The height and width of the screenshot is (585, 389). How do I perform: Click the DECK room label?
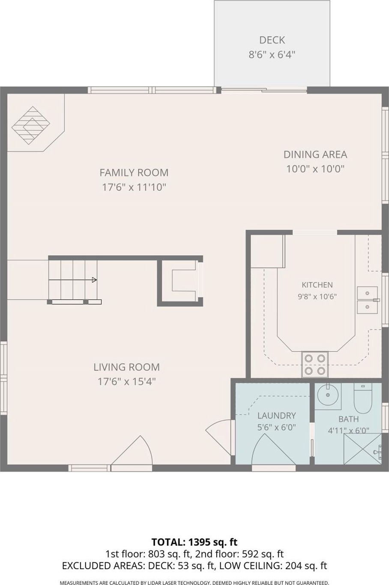coord(272,40)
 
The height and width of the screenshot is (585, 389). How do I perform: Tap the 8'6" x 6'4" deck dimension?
coord(272,55)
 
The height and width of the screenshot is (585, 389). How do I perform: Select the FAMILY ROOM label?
coord(134,173)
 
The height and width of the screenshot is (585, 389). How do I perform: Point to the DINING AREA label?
coord(315,154)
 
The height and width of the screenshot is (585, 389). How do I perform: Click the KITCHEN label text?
coord(317,285)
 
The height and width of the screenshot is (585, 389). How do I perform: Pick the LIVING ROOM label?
coord(126,367)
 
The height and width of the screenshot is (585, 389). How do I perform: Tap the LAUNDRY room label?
coord(277,416)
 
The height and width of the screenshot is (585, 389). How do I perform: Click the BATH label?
coord(348,419)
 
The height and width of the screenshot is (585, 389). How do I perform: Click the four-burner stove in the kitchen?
coord(315,364)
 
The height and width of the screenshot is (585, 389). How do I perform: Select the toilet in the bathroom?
coord(362,398)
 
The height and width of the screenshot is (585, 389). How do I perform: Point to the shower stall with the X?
coord(362,449)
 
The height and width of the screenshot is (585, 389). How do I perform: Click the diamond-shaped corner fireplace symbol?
coord(31,125)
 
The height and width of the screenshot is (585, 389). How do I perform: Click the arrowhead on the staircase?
coord(94,280)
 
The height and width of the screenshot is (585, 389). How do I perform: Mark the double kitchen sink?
coord(367,300)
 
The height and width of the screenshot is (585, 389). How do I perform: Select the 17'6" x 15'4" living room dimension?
coord(126,382)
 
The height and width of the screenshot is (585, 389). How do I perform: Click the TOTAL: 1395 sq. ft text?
coord(194,543)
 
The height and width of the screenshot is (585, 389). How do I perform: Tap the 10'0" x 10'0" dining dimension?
coord(315,169)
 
